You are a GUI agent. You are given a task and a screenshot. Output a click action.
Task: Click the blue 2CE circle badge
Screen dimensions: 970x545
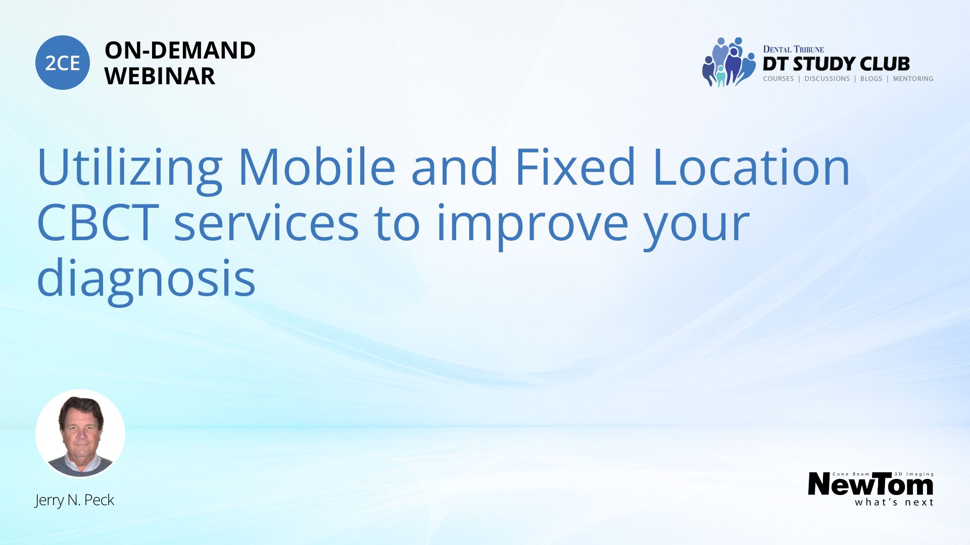(63, 63)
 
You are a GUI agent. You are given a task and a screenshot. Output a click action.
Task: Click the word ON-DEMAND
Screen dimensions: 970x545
(180, 50)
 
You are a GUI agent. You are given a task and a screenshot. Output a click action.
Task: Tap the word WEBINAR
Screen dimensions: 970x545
(160, 76)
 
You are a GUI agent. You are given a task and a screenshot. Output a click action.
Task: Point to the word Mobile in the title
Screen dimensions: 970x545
(317, 167)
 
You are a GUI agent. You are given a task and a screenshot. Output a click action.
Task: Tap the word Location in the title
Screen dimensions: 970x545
(751, 167)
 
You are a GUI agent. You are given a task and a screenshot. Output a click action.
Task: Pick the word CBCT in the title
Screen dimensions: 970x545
(98, 223)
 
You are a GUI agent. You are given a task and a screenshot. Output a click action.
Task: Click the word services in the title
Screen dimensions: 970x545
(266, 224)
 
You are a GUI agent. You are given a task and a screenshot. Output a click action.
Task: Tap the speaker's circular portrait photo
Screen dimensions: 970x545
(80, 433)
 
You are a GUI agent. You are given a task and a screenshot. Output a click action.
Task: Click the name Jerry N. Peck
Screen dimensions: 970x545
(74, 500)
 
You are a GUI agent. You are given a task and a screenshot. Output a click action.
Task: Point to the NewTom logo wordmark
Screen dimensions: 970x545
(870, 484)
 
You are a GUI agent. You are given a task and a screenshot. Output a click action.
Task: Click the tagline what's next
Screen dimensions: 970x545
(894, 502)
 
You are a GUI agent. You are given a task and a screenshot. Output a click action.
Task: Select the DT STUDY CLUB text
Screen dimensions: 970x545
(836, 64)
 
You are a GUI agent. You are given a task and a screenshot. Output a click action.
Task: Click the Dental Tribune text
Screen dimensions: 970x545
(793, 49)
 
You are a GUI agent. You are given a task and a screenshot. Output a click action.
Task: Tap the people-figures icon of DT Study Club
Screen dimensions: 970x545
(728, 62)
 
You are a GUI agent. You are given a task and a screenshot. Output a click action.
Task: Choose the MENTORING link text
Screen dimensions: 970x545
(913, 79)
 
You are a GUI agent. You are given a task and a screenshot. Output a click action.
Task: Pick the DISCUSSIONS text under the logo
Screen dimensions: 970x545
(827, 79)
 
